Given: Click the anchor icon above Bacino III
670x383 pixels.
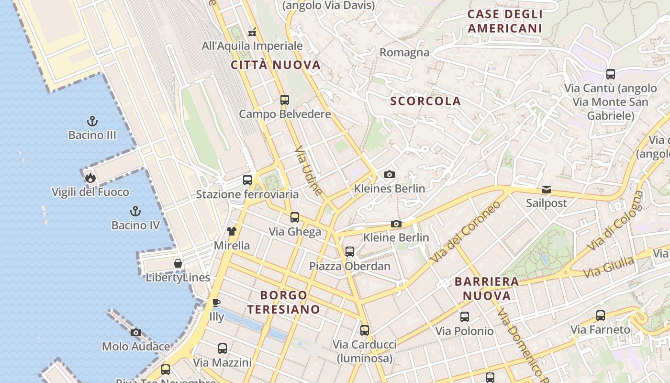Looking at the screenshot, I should point(92,121).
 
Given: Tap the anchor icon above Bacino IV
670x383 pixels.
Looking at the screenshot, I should point(135,211).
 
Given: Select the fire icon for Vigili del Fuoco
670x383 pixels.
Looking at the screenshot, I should point(90,178).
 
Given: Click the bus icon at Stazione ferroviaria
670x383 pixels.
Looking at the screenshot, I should point(247,180).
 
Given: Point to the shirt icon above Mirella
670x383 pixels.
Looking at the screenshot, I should point(232,231).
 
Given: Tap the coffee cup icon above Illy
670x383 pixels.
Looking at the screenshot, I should point(216,303).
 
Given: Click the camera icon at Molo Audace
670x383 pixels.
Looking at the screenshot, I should point(136,332).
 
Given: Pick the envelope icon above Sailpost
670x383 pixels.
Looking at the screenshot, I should point(547,190).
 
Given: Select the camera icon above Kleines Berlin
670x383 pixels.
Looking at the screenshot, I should point(390,175).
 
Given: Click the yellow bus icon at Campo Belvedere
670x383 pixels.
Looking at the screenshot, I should point(285,100).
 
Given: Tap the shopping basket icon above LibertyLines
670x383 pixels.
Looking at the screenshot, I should point(178,263).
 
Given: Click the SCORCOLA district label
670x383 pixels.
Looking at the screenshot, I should point(425,101).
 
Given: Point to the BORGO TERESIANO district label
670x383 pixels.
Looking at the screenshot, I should point(283,302).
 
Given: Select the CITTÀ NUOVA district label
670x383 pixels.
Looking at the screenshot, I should point(276,65).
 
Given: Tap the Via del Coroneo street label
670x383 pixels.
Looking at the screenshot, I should point(465,232).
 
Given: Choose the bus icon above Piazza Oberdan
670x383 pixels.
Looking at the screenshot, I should point(350,252).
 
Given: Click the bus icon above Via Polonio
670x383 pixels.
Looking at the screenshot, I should point(464,317).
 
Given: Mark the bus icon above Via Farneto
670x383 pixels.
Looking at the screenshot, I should point(601,315).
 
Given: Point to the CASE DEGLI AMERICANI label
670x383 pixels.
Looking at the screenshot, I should point(505,21).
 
